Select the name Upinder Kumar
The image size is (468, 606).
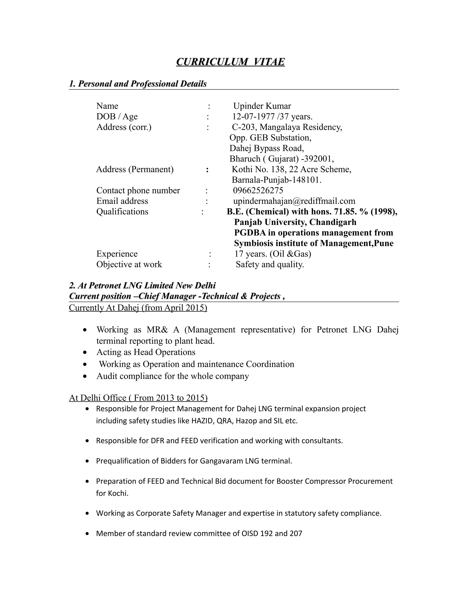pyautogui.click(x=262, y=106)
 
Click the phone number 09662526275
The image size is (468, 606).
pyautogui.click(x=258, y=190)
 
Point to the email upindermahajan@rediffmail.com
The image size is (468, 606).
pyautogui.click(x=294, y=201)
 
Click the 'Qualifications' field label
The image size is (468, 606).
pyautogui.click(x=122, y=212)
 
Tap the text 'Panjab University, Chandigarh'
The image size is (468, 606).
pyautogui.click(x=295, y=222)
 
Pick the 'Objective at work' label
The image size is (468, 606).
pyautogui.click(x=129, y=264)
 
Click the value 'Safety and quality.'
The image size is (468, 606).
pyautogui.click(x=270, y=264)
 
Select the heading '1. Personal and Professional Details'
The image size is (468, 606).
pyautogui.click(x=138, y=84)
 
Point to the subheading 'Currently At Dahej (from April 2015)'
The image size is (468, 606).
pyautogui.click(x=138, y=308)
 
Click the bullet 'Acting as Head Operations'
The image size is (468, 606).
pyautogui.click(x=146, y=352)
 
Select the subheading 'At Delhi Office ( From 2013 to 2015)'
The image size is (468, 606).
pyautogui.click(x=138, y=398)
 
